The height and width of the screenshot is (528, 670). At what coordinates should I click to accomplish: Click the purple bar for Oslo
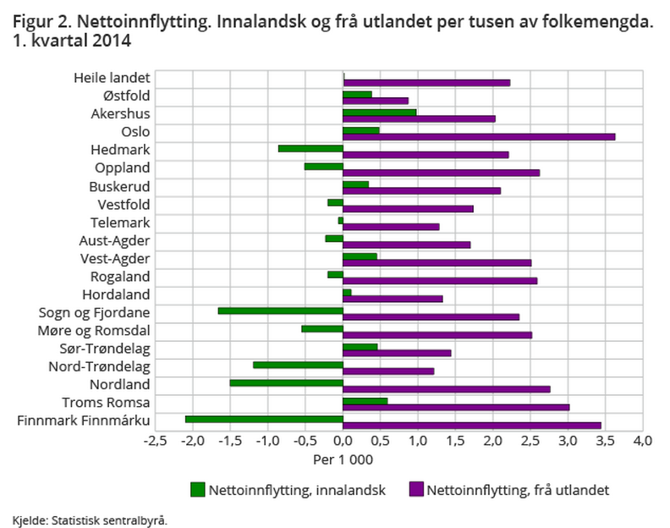pyautogui.click(x=479, y=136)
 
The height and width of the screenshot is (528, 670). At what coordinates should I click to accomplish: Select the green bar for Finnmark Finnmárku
pyautogui.click(x=264, y=418)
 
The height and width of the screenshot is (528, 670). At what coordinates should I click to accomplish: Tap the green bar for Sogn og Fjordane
pyautogui.click(x=280, y=311)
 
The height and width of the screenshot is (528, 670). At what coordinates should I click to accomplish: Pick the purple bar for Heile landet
pyautogui.click(x=426, y=82)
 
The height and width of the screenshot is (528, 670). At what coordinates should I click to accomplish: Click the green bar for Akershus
pyautogui.click(x=380, y=112)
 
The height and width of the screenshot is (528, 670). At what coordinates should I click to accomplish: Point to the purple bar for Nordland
pyautogui.click(x=447, y=389)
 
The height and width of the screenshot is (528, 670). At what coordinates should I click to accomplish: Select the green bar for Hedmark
pyautogui.click(x=310, y=148)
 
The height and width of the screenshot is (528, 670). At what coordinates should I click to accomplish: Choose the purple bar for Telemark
pyautogui.click(x=391, y=227)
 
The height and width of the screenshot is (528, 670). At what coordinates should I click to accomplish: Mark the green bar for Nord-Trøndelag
pyautogui.click(x=298, y=365)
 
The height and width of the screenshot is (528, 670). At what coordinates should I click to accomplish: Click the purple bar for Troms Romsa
pyautogui.click(x=456, y=407)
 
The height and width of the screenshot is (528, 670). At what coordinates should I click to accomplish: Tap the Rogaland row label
pyautogui.click(x=120, y=277)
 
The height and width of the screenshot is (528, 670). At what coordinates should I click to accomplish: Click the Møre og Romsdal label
pyautogui.click(x=100, y=330)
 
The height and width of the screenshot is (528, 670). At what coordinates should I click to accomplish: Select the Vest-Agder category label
pyautogui.click(x=115, y=258)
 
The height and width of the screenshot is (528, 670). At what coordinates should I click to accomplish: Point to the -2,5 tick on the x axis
pyautogui.click(x=155, y=441)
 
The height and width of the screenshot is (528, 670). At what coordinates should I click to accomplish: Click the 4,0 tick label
pyautogui.click(x=643, y=441)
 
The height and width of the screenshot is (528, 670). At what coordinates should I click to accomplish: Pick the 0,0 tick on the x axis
pyautogui.click(x=343, y=441)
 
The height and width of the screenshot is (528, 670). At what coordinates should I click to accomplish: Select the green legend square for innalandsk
pyautogui.click(x=198, y=489)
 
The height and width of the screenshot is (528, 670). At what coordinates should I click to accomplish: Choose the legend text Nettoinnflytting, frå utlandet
pyautogui.click(x=518, y=489)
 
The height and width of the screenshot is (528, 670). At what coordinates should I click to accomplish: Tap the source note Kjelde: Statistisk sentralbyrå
pyautogui.click(x=90, y=519)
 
